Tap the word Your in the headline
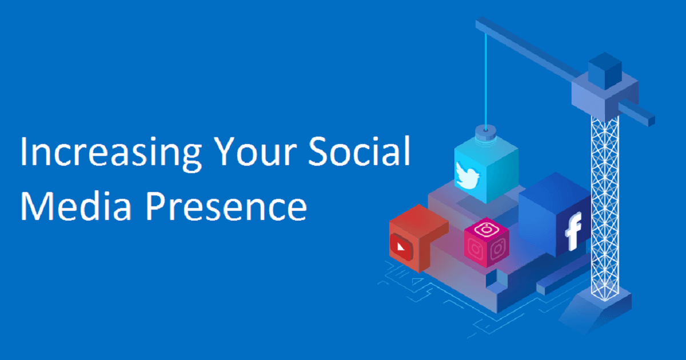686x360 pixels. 256,151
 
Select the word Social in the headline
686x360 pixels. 359,151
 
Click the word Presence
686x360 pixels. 226,205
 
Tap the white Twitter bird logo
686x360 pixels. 468,175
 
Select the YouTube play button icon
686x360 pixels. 400,246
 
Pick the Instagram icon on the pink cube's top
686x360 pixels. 486,229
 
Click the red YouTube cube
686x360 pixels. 418,238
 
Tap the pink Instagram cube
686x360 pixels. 486,242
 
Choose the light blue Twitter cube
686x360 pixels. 486,169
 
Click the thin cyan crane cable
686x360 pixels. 486,81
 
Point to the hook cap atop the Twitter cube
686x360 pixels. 486,133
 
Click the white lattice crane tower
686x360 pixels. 605,208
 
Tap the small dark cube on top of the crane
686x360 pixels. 605,71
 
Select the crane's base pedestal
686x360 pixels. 596,309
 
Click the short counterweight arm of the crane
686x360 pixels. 636,112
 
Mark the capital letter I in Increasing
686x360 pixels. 23,152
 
